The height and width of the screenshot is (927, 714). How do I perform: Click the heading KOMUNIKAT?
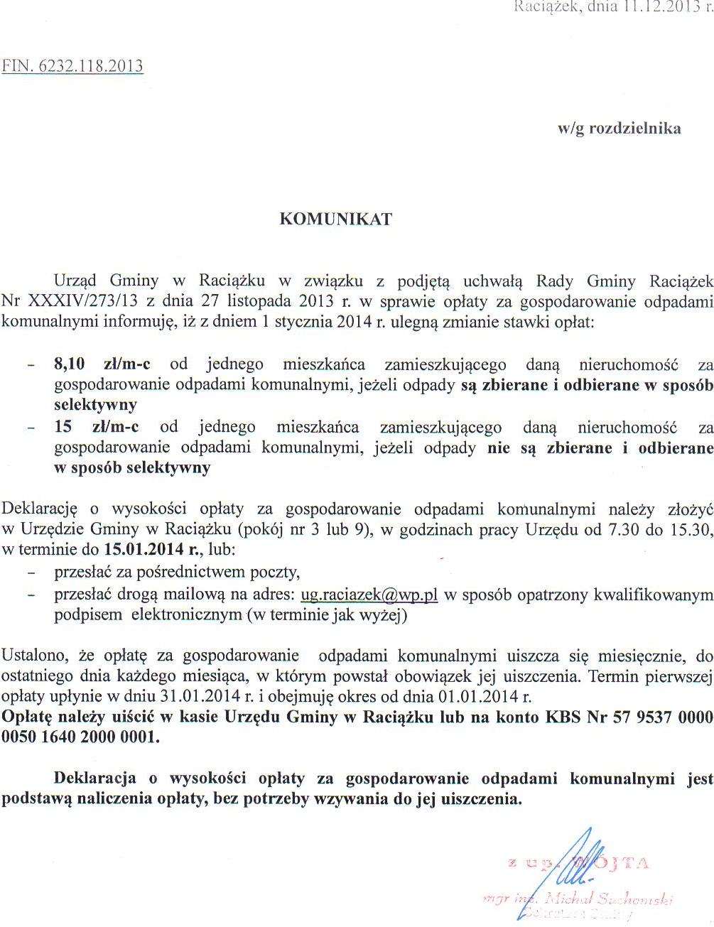(x=335, y=219)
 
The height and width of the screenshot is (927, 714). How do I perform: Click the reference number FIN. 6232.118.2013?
(x=72, y=66)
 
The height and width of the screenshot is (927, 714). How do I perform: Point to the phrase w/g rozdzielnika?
(x=619, y=129)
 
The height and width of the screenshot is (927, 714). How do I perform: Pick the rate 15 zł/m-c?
(x=97, y=428)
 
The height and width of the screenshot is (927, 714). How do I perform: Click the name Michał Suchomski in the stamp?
(x=607, y=899)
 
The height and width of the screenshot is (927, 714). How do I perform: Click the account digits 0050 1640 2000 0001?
(x=80, y=737)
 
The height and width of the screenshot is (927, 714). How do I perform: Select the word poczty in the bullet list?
(x=276, y=573)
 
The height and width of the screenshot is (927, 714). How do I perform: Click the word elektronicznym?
(x=186, y=615)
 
